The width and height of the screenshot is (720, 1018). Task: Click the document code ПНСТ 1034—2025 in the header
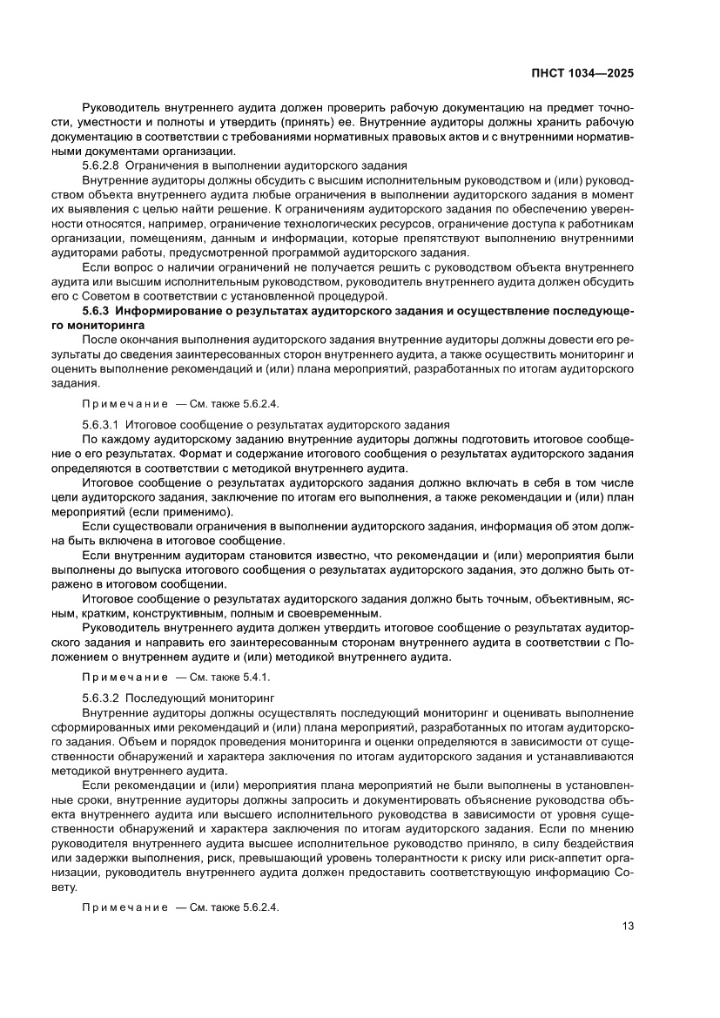(x=581, y=74)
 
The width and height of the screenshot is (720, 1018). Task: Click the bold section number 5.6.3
(x=97, y=310)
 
